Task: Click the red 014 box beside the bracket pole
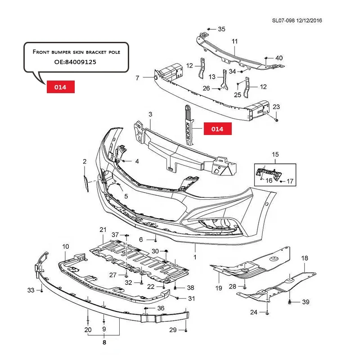[217, 129]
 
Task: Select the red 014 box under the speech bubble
[60, 86]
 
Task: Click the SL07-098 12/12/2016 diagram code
[297, 20]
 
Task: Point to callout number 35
[221, 29]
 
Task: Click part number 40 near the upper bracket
[279, 58]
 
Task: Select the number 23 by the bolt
[276, 107]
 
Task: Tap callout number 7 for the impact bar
[137, 78]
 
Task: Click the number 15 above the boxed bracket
[275, 155]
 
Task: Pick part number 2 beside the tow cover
[84, 161]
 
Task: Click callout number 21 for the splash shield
[103, 230]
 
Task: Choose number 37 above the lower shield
[115, 235]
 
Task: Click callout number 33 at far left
[30, 290]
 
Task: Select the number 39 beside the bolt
[306, 301]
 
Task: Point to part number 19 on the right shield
[219, 288]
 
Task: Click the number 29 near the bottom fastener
[173, 330]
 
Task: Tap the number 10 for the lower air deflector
[66, 247]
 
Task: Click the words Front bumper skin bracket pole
[76, 52]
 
